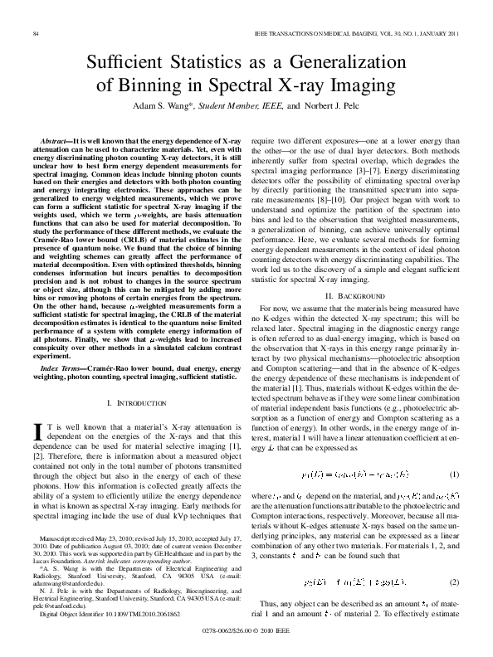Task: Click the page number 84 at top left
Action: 36,32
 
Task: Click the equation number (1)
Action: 454,474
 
